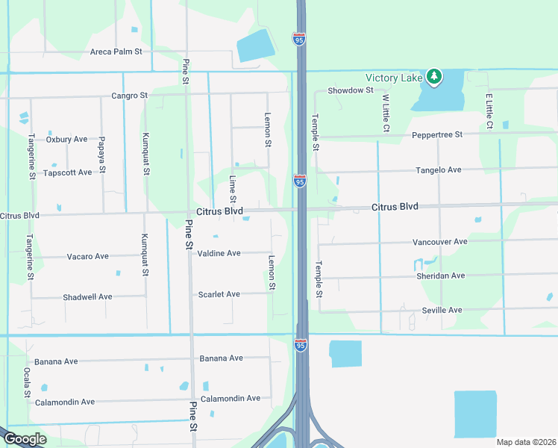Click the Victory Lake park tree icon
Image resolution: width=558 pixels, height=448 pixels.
(434, 77)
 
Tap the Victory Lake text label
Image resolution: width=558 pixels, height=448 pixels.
(395, 78)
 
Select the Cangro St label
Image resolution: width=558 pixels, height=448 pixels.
(130, 96)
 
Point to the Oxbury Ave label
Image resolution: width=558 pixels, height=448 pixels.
(66, 140)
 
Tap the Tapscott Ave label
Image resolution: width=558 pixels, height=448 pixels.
(67, 172)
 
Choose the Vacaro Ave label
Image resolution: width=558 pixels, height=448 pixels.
(87, 256)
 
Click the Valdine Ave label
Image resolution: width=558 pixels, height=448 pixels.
(219, 253)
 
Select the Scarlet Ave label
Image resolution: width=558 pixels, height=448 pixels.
(219, 294)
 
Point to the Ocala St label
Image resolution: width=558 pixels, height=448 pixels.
(26, 382)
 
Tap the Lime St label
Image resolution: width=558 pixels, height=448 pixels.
(233, 190)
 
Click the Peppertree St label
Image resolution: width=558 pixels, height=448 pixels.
(437, 135)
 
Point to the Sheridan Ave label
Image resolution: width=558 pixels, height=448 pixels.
(439, 276)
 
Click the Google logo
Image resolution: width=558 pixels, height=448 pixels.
(25, 439)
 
